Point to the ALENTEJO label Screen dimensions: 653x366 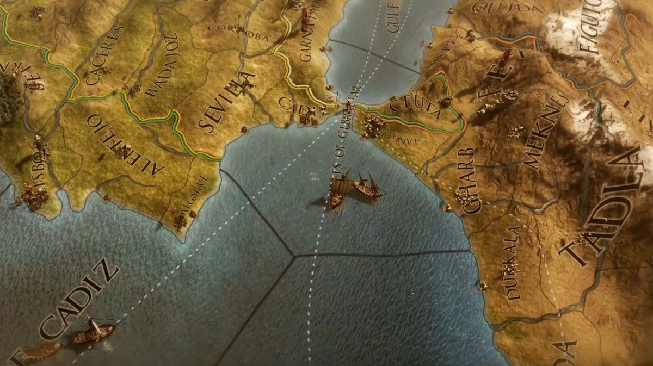[126, 145]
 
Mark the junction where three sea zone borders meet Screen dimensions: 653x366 [294, 256]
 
